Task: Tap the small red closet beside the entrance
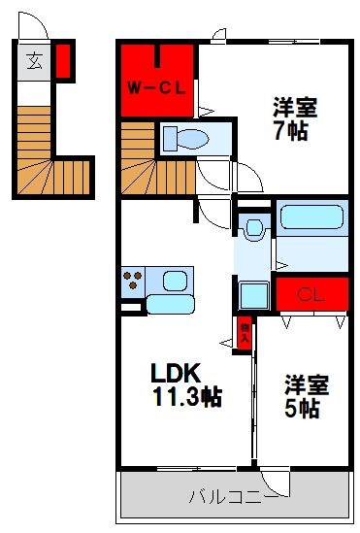point(63,60)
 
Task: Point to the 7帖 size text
point(290,130)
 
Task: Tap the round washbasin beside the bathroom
point(254,229)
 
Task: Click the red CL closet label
point(311,292)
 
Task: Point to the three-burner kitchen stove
point(133,283)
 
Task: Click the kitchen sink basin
point(177,282)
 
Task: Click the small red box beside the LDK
point(245,333)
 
